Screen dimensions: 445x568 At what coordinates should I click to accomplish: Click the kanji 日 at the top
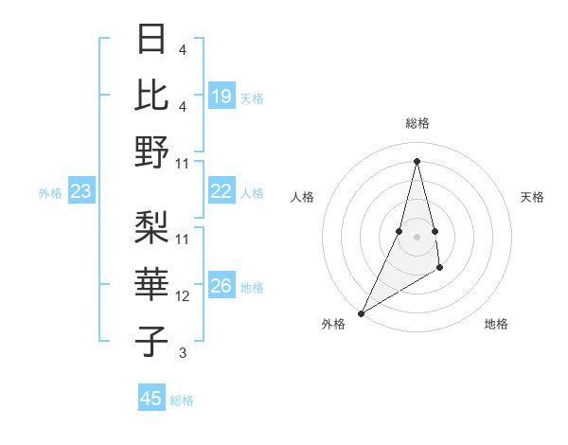[x=151, y=39]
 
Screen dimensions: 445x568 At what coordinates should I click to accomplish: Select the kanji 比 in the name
[x=151, y=95]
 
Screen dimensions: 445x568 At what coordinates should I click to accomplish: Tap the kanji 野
[x=151, y=151]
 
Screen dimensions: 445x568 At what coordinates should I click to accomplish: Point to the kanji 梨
[x=151, y=227]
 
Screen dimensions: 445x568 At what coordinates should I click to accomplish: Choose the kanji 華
[x=151, y=285]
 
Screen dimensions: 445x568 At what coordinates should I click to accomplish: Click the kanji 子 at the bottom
[x=151, y=341]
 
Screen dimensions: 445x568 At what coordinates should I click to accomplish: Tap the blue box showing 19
[x=221, y=96]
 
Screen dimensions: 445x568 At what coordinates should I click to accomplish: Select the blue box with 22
[x=221, y=191]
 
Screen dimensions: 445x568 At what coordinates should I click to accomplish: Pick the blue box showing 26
[x=221, y=286]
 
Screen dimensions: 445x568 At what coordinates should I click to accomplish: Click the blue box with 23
[x=81, y=191]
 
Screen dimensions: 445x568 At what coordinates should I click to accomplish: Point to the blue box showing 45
[x=151, y=399]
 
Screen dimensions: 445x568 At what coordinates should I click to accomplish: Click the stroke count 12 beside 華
[x=183, y=296]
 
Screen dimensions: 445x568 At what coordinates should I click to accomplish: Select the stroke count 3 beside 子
[x=183, y=353]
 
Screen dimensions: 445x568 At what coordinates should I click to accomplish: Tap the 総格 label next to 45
[x=182, y=400]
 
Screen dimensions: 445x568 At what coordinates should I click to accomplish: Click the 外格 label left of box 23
[x=50, y=193]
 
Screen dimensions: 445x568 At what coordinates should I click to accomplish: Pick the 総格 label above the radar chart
[x=417, y=123]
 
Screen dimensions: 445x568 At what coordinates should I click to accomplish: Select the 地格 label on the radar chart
[x=496, y=325]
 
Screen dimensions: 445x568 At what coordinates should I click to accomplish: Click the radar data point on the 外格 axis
[x=361, y=312]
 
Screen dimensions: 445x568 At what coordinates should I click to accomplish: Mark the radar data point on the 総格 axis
[x=417, y=160]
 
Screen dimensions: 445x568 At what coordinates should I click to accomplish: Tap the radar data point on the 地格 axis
[x=439, y=270]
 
